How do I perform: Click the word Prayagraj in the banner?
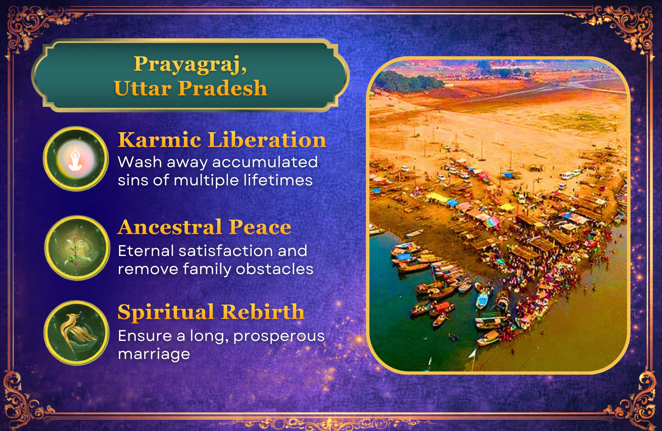[190, 64]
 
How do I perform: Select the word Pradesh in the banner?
[222, 88]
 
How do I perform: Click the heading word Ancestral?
[170, 227]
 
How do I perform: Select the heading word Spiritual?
[166, 312]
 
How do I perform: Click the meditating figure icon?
[75, 159]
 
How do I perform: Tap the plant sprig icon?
[76, 248]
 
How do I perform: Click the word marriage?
[154, 354]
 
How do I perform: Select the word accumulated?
[265, 162]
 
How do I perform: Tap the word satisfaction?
[226, 251]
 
